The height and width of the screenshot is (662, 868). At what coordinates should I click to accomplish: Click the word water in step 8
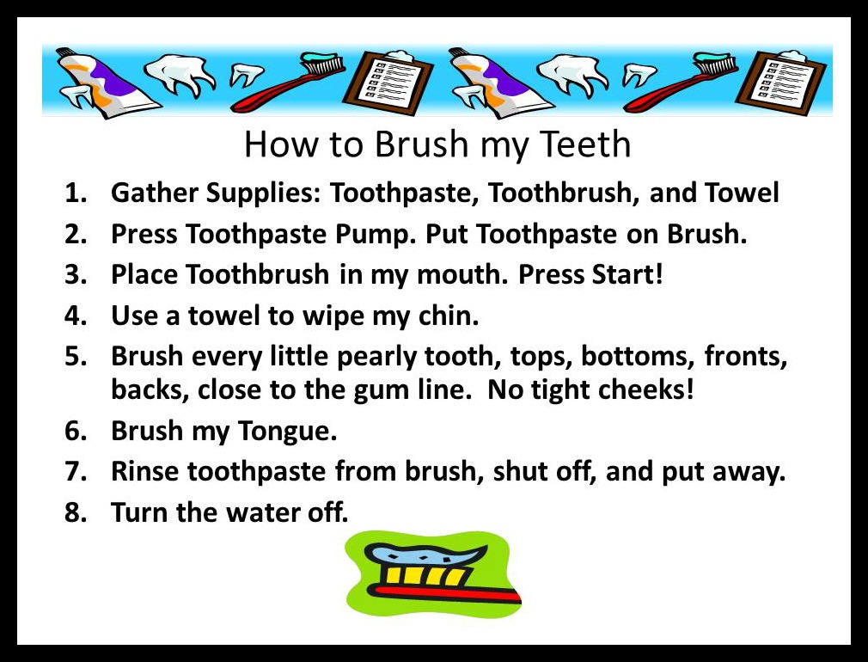click(266, 513)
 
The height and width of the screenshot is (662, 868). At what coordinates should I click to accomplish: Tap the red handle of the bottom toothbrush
click(447, 594)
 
